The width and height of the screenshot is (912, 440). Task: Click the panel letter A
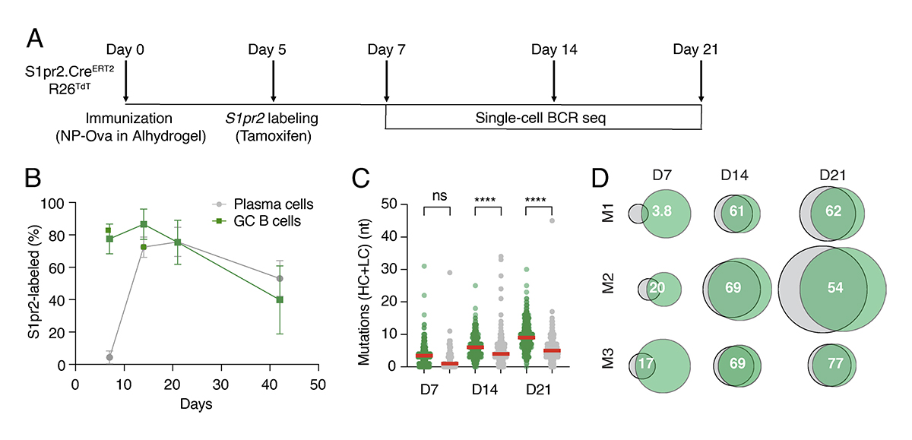click(35, 39)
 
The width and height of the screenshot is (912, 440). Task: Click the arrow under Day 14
click(554, 83)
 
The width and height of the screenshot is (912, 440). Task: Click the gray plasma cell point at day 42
click(280, 279)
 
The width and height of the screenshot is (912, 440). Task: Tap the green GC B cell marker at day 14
click(143, 225)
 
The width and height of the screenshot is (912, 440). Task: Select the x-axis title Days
click(196, 404)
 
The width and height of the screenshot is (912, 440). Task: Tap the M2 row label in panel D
click(608, 288)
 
